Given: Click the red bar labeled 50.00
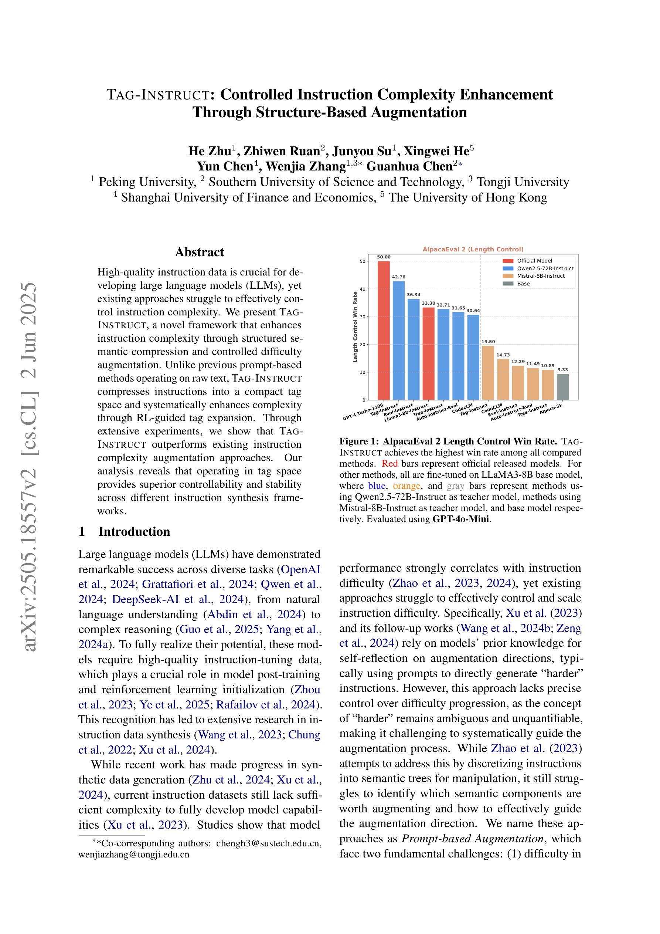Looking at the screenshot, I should [384, 330].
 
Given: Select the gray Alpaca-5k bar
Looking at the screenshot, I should [562, 386].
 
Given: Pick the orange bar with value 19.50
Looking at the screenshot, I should [488, 373].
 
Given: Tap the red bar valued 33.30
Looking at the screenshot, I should [428, 353].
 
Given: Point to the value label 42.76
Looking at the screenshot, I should [398, 277].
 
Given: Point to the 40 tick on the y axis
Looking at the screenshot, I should [362, 289].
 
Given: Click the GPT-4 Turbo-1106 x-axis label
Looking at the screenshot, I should [363, 412].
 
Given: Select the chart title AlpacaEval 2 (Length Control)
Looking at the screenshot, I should [473, 249].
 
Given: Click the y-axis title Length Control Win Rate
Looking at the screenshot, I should [355, 326].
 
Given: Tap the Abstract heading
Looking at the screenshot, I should [199, 252].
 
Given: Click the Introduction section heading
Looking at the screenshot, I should [134, 532].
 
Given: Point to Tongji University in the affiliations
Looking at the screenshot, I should [523, 182].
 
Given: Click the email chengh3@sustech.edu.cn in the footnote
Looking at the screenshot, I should [268, 843].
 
